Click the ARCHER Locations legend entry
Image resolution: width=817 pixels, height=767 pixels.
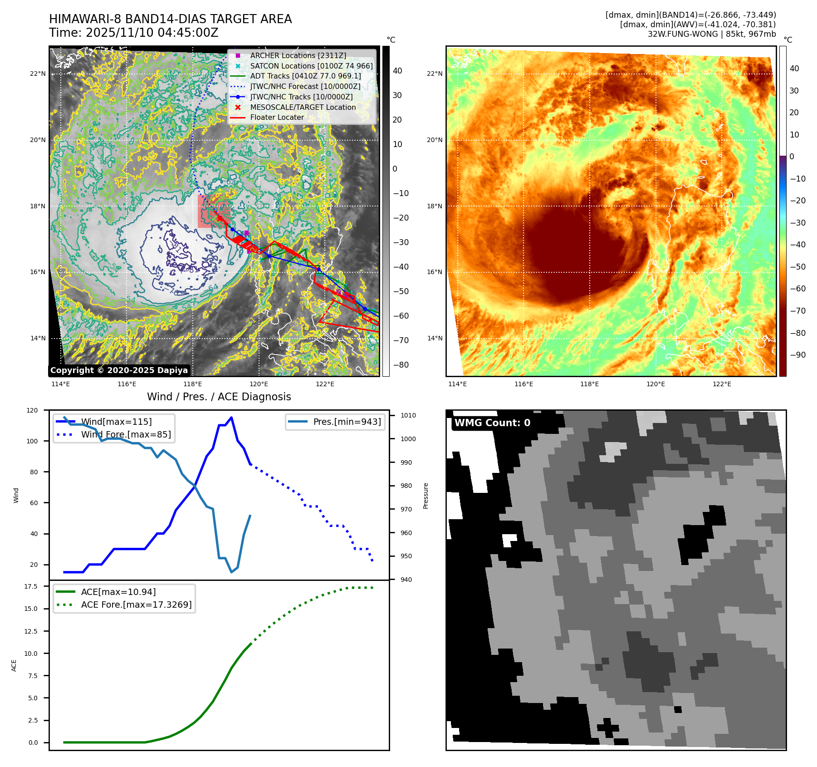pos(298,55)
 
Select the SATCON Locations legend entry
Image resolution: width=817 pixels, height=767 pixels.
pos(311,66)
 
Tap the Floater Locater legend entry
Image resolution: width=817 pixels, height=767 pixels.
pos(277,117)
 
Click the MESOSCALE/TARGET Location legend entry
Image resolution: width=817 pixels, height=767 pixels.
pos(303,107)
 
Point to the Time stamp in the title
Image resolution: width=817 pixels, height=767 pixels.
pos(134,33)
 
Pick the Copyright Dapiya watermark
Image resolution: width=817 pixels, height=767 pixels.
pos(119,370)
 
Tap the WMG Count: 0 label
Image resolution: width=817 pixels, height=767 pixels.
pos(492,423)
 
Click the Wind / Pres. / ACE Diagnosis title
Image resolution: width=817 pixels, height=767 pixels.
pos(219,397)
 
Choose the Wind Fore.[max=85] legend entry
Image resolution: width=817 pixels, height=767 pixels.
pos(126,434)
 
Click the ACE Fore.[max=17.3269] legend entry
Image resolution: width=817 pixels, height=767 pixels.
pos(136,605)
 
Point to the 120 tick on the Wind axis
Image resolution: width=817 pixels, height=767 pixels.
pos(32,410)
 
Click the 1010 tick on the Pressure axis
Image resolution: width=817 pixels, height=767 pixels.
pos(408,415)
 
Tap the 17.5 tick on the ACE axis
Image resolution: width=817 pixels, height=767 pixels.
pos(31,586)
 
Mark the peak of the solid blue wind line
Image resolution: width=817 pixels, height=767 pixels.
pos(231,418)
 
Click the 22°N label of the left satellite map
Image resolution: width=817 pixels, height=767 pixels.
pos(38,74)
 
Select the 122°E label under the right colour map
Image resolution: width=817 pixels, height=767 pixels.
pos(722,384)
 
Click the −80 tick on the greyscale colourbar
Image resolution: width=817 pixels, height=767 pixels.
pos(401,365)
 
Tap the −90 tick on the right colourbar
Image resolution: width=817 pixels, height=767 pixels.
pos(797,355)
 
